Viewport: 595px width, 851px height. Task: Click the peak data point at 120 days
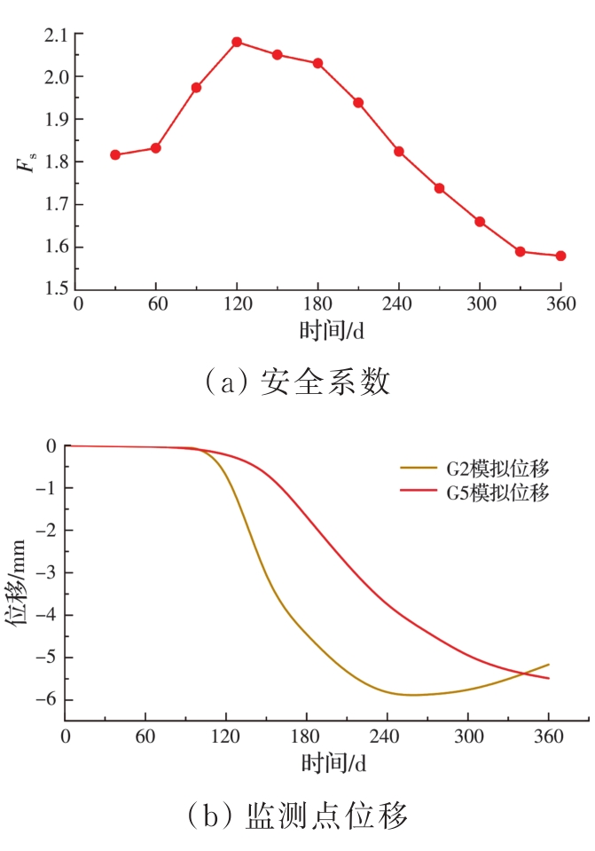pos(237,42)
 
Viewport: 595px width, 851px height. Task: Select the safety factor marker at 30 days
pos(115,154)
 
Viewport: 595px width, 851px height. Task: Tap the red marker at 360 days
pos(560,256)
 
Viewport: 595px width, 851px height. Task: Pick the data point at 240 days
pos(399,151)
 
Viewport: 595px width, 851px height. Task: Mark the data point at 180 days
pos(317,63)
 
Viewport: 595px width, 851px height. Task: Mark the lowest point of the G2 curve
pos(412,695)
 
